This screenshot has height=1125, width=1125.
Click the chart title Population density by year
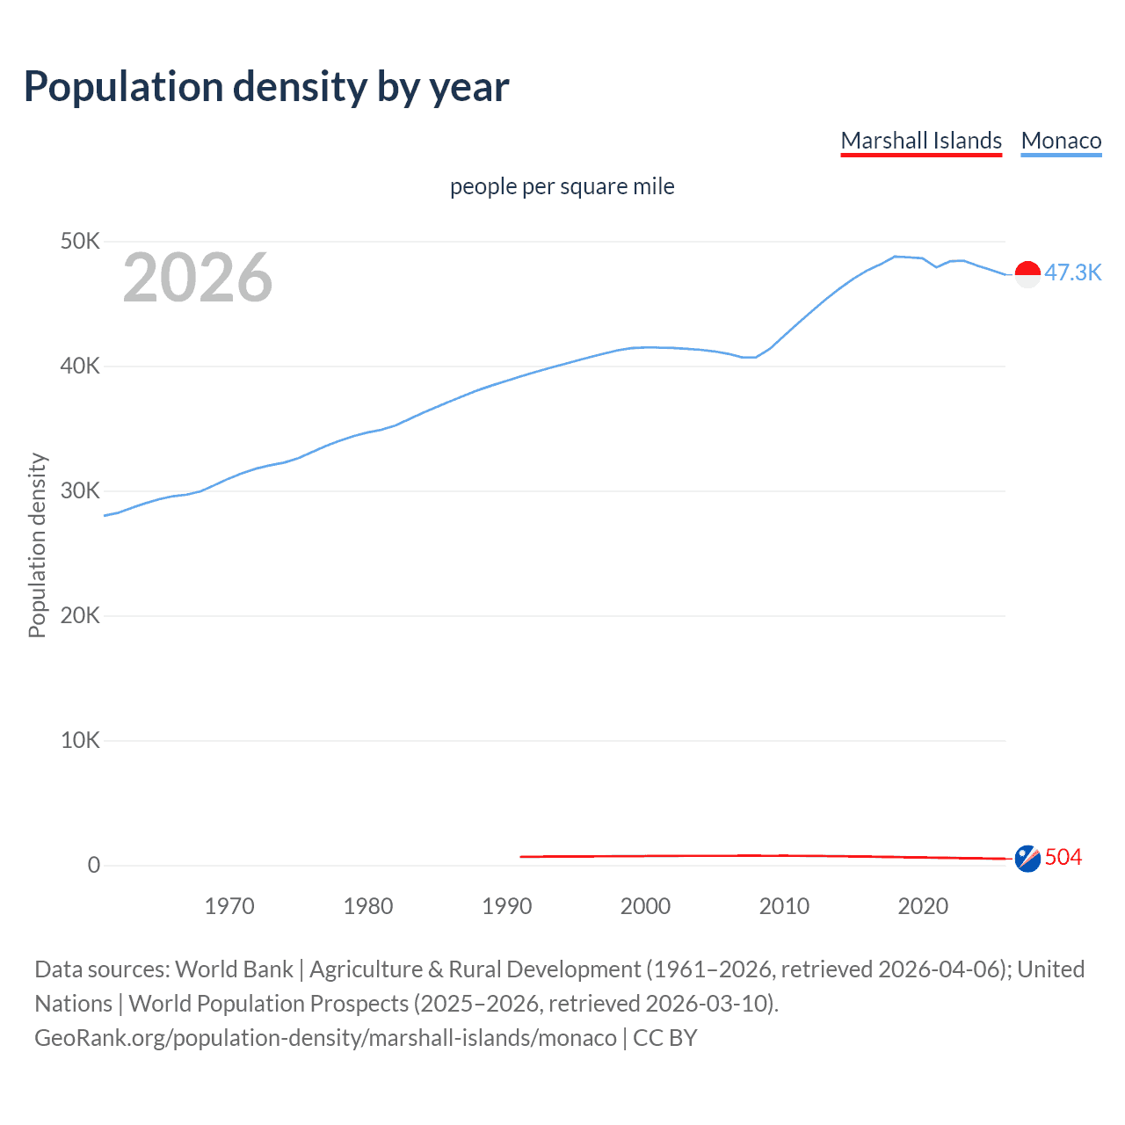click(266, 87)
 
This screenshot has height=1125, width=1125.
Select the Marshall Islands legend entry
click(921, 141)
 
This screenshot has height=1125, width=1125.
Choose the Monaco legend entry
click(1061, 141)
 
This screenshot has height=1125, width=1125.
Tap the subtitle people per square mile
click(562, 186)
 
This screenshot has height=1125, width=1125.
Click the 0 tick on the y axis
click(94, 865)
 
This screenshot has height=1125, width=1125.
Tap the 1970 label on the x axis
click(229, 906)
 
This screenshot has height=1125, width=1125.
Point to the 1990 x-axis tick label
click(507, 906)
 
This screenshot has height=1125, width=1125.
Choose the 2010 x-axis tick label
click(784, 906)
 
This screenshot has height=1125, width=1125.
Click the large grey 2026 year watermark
click(198, 278)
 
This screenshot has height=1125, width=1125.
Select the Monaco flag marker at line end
click(1027, 274)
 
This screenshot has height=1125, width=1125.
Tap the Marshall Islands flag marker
click(1027, 859)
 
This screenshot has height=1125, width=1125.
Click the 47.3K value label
click(1072, 272)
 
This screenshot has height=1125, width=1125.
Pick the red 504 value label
click(1063, 857)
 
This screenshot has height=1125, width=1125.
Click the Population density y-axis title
click(37, 545)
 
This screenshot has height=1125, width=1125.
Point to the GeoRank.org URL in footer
click(325, 1037)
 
